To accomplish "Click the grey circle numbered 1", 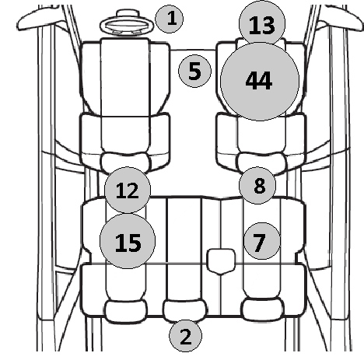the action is [x=169, y=19].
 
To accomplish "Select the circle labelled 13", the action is [x=262, y=24].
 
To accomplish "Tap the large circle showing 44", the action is [x=260, y=82].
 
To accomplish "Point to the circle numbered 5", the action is [x=194, y=71].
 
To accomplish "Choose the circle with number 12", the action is [x=128, y=190].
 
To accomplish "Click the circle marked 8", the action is [x=257, y=185].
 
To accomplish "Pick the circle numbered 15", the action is [x=128, y=241].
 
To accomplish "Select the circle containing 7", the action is [x=262, y=241].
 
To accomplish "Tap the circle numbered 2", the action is [x=185, y=336].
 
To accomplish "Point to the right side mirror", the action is [x=342, y=19].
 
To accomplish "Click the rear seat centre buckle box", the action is [x=221, y=261].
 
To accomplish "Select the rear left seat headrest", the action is [x=126, y=311].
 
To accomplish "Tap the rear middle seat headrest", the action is [x=184, y=310].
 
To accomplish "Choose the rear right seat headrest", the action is [x=263, y=309].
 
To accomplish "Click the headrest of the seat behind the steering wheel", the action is [x=126, y=163].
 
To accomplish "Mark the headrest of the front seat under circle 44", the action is [x=262, y=163].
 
